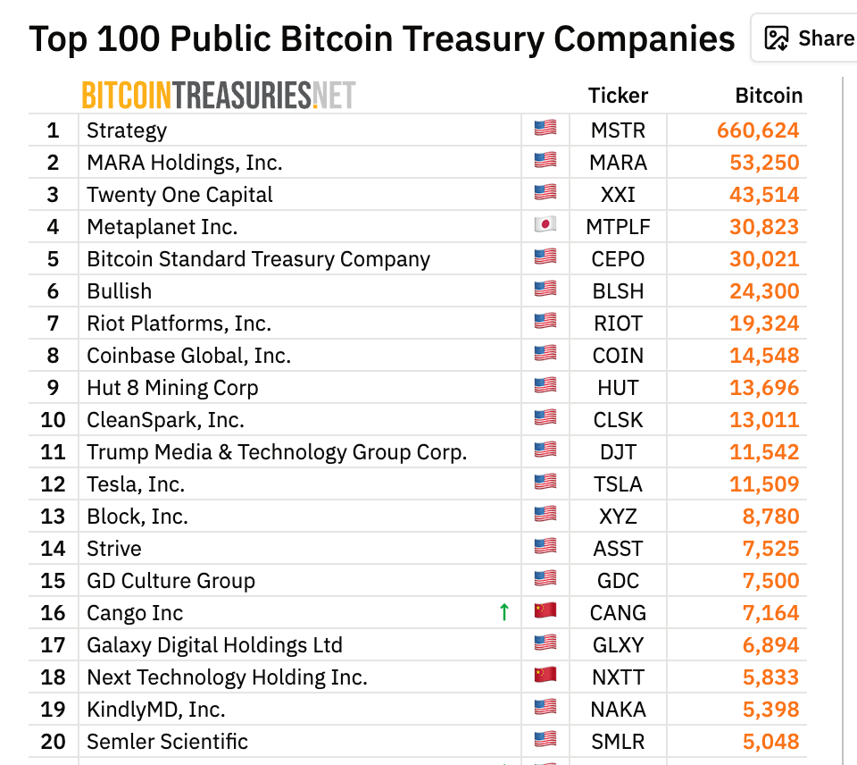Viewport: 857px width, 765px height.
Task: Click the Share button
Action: pyautogui.click(x=809, y=38)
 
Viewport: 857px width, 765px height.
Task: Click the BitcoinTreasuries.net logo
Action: pyautogui.click(x=218, y=95)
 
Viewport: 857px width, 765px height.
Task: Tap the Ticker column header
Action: pyautogui.click(x=618, y=96)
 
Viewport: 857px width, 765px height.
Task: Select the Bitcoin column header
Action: pyautogui.click(x=768, y=96)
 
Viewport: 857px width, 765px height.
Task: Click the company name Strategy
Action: pyautogui.click(x=127, y=130)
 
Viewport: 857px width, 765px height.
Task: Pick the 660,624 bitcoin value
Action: pyautogui.click(x=758, y=130)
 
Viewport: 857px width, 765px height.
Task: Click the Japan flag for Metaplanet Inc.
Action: pyautogui.click(x=545, y=224)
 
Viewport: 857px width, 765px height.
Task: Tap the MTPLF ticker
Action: pyautogui.click(x=618, y=227)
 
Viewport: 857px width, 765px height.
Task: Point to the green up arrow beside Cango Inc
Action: pyautogui.click(x=504, y=612)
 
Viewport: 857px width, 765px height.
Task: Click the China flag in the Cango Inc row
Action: pyautogui.click(x=545, y=610)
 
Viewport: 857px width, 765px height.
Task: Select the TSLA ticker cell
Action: pyautogui.click(x=618, y=484)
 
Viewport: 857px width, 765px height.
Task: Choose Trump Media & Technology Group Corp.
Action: pyautogui.click(x=277, y=452)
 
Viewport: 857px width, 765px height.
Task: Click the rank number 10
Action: pyautogui.click(x=53, y=420)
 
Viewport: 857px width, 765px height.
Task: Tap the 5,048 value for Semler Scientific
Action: pyautogui.click(x=770, y=742)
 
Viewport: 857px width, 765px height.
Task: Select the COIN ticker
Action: pyautogui.click(x=618, y=356)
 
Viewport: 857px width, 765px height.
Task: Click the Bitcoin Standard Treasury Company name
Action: pyautogui.click(x=258, y=259)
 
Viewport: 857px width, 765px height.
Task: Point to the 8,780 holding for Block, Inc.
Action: pyautogui.click(x=770, y=517)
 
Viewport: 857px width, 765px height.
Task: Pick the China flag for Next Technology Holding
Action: pyautogui.click(x=545, y=675)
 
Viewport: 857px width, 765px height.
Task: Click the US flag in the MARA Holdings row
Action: pyautogui.click(x=545, y=160)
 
